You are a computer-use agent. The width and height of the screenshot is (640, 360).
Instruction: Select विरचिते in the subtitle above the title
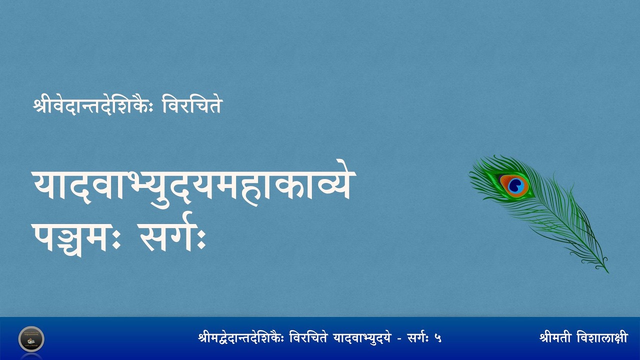192,106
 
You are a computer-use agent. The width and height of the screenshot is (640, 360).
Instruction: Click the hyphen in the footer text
398,338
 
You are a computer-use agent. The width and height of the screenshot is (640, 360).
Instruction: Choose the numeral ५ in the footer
438,338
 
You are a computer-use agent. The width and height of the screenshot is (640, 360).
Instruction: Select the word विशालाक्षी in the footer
605,338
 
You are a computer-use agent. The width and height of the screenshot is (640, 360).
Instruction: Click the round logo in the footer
31,338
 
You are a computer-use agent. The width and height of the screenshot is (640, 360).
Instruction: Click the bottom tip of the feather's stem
608,272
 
